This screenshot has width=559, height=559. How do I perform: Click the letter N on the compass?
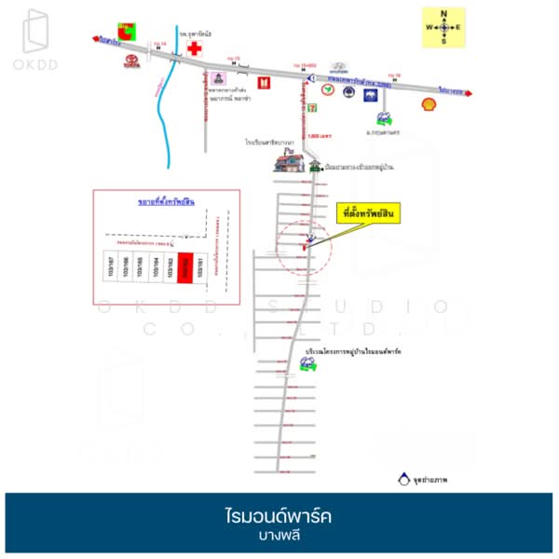click(444, 14)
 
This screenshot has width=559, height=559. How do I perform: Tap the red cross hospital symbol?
click(195, 49)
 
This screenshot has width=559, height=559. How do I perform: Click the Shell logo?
click(429, 103)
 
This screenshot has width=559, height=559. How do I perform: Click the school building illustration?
click(289, 161)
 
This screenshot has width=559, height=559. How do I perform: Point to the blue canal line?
click(166, 112)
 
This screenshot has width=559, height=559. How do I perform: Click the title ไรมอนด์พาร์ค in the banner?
click(279, 515)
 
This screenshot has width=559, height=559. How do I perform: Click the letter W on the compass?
click(429, 27)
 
